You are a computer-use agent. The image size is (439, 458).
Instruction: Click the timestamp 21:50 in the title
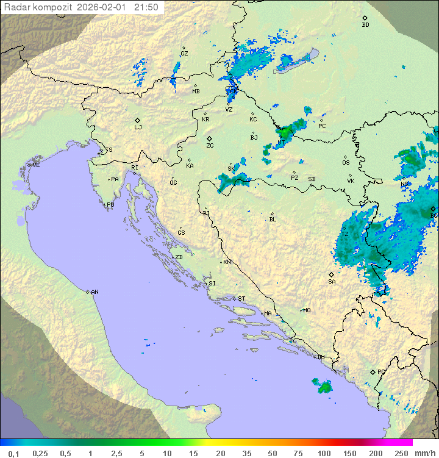pyautogui.click(x=146, y=7)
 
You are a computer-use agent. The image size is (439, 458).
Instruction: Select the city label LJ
pyautogui.click(x=138, y=127)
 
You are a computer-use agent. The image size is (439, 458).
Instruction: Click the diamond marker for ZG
pyautogui.click(x=209, y=139)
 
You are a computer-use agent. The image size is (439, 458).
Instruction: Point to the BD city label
pyautogui.click(x=365, y=25)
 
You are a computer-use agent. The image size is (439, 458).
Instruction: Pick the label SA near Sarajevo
pyautogui.click(x=332, y=282)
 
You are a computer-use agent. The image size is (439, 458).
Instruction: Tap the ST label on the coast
pyautogui.click(x=241, y=299)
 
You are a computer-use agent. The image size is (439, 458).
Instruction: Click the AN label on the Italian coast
pyautogui.click(x=95, y=292)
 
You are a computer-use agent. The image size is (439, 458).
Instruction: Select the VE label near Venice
pyautogui.click(x=36, y=165)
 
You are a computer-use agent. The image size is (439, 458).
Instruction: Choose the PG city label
pyautogui.click(x=381, y=371)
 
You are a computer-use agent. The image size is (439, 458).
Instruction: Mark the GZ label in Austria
pyautogui.click(x=184, y=54)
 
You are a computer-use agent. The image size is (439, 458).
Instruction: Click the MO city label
pyautogui.click(x=307, y=310)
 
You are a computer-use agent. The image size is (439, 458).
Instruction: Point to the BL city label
pyautogui.click(x=273, y=220)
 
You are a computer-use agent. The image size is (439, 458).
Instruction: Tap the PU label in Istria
pyautogui.click(x=110, y=205)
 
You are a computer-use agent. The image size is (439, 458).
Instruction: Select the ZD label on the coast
pyautogui.click(x=179, y=257)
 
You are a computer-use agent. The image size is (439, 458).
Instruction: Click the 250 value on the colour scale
pyautogui.click(x=401, y=453)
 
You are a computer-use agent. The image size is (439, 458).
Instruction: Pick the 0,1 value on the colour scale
pyautogui.click(x=13, y=453)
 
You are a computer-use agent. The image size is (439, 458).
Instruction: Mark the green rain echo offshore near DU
pyautogui.click(x=323, y=385)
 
